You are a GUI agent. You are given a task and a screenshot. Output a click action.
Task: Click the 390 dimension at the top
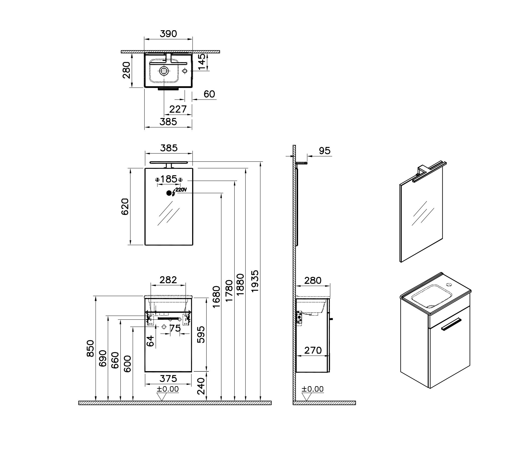tap(168, 34)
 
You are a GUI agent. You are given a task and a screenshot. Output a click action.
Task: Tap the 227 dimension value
tap(178, 109)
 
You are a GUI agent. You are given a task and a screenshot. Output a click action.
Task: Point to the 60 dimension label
tap(209, 94)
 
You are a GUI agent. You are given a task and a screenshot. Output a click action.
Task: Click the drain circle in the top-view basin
tap(164, 70)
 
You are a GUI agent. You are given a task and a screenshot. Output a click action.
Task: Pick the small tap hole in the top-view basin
tap(184, 71)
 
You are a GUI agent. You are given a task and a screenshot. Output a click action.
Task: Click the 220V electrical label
tap(181, 190)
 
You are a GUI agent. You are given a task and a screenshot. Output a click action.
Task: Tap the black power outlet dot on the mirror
tap(169, 193)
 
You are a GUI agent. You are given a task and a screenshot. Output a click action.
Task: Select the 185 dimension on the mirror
tap(169, 179)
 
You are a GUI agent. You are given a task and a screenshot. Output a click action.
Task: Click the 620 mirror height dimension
tap(125, 207)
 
